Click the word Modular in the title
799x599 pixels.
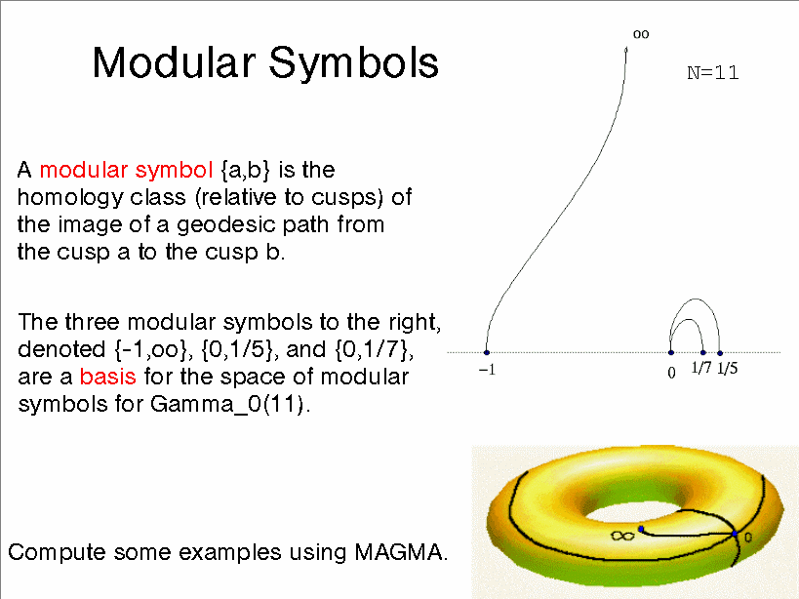click(174, 62)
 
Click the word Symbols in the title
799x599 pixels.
click(353, 62)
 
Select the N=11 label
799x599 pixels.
click(712, 73)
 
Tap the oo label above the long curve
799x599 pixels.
click(641, 34)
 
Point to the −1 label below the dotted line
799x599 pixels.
click(487, 370)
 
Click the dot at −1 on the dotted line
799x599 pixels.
click(487, 352)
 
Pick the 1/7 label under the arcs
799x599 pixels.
click(701, 367)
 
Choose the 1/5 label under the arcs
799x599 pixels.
click(727, 368)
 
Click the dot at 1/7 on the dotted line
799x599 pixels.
click(703, 352)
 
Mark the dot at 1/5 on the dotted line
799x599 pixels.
click(720, 352)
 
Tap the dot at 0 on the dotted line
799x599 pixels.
click(670, 352)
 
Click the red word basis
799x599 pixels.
click(107, 377)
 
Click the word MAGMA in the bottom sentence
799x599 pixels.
click(398, 552)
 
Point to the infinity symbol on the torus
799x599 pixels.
click(622, 536)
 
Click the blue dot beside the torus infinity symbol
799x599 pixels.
click(641, 529)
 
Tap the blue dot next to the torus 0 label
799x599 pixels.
click(735, 534)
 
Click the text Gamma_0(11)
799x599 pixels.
click(230, 405)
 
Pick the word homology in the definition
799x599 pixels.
click(70, 198)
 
